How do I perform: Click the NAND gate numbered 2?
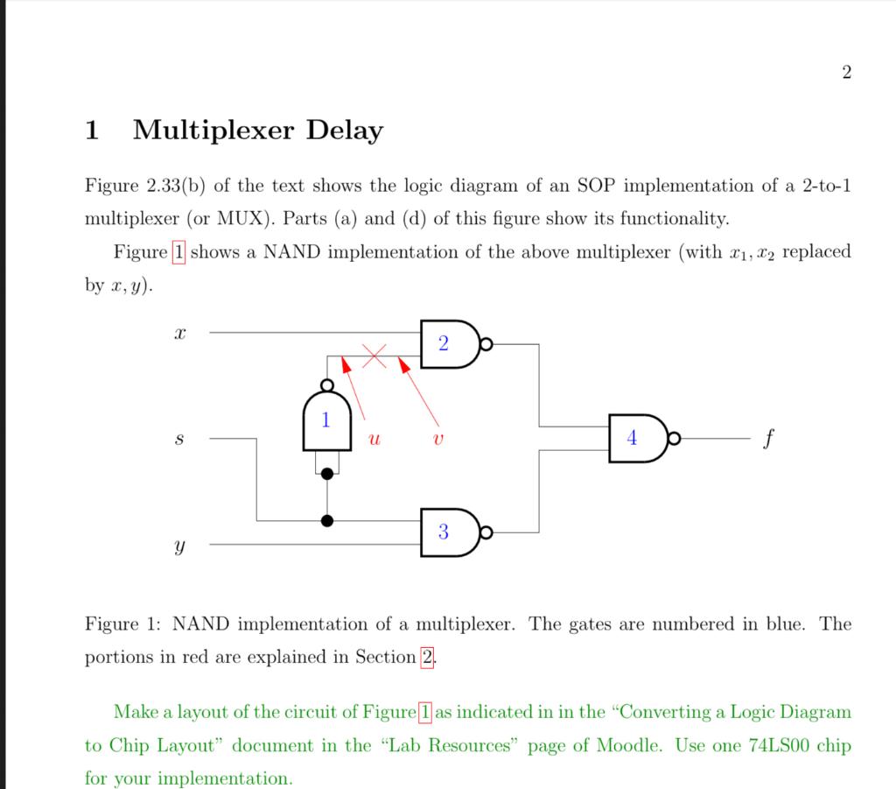click(x=446, y=344)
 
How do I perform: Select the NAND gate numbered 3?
click(x=446, y=532)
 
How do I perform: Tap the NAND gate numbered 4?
click(x=637, y=438)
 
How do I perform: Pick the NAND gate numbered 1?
click(x=326, y=421)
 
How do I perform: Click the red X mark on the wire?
click(x=374, y=356)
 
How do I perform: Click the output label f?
click(x=767, y=437)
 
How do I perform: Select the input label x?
click(x=179, y=334)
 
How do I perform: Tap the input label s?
click(x=179, y=439)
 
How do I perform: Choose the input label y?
click(x=179, y=546)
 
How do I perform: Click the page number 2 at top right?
click(x=845, y=73)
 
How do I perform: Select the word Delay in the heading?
click(x=344, y=131)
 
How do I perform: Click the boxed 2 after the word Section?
click(x=428, y=658)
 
